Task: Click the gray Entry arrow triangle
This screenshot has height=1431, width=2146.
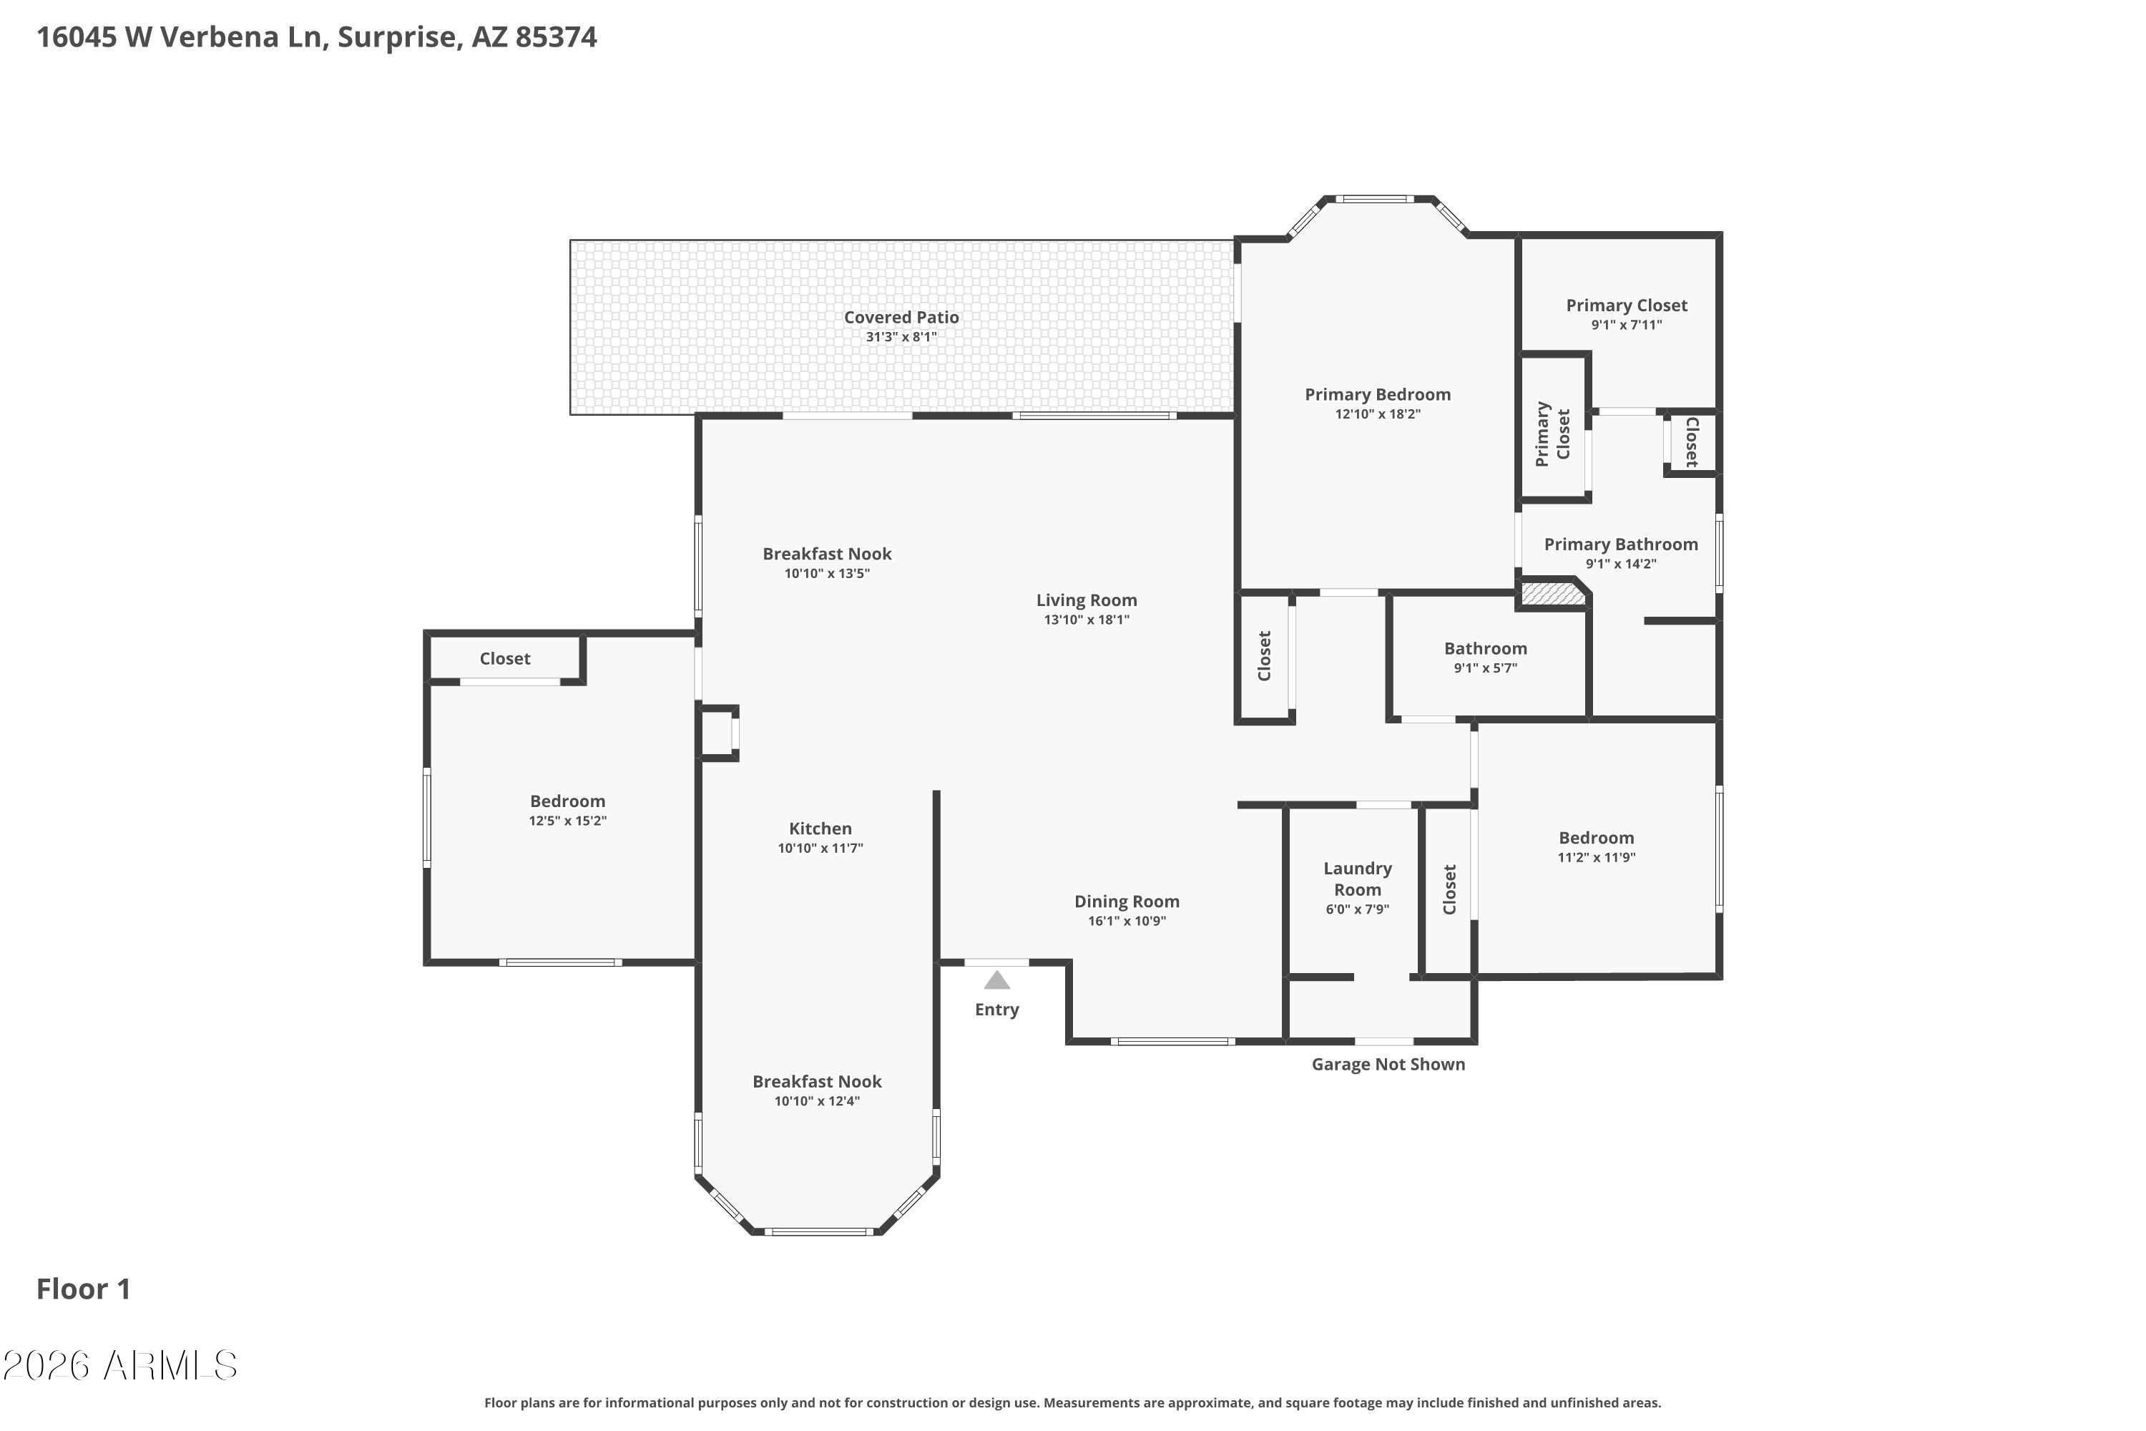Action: click(x=996, y=981)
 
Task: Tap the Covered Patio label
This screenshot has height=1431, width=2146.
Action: click(x=901, y=317)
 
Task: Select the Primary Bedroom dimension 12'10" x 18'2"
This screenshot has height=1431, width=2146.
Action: click(x=1377, y=414)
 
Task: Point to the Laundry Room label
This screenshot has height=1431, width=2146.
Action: click(x=1357, y=879)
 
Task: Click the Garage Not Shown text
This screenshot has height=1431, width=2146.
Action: click(x=1387, y=1064)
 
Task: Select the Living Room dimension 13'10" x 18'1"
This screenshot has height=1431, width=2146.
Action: click(x=1086, y=620)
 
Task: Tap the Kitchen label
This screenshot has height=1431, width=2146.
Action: click(x=819, y=829)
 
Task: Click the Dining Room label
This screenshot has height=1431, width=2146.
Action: click(x=1126, y=902)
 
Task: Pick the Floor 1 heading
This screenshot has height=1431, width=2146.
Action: click(x=83, y=1289)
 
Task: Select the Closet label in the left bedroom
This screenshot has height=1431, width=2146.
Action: click(x=504, y=659)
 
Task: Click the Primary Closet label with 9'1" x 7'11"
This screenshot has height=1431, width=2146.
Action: click(x=1626, y=306)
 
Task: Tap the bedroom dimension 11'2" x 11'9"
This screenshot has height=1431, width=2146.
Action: click(x=1595, y=858)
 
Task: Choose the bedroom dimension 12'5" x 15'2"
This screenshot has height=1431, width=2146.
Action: click(x=567, y=821)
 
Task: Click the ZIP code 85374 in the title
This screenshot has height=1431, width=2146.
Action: click(x=556, y=37)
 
